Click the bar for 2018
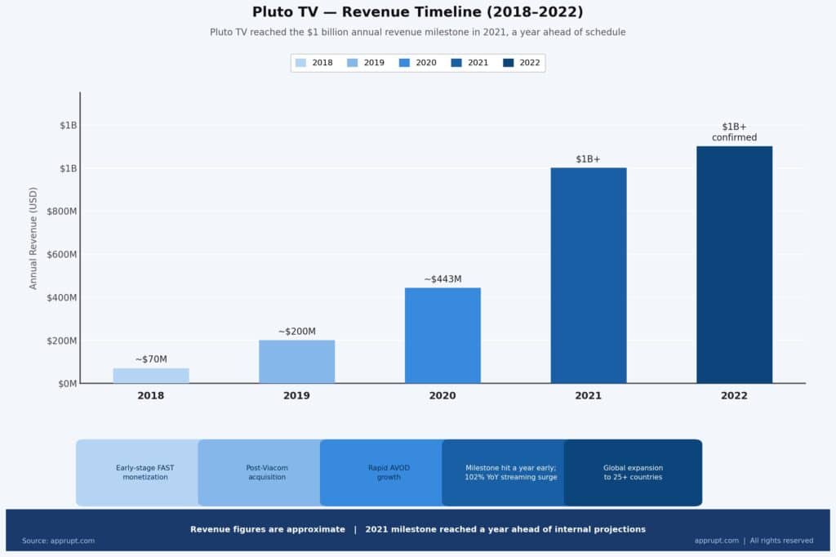(x=151, y=376)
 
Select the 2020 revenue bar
(x=442, y=335)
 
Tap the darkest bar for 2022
(x=734, y=265)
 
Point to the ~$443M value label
(x=442, y=279)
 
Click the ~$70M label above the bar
(x=151, y=359)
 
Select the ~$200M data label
(x=296, y=332)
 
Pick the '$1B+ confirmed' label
(x=734, y=132)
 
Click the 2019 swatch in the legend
(x=353, y=63)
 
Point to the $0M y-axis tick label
(x=67, y=384)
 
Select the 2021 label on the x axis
(x=588, y=396)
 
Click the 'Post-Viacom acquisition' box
(x=267, y=472)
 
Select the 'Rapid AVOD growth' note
(x=389, y=472)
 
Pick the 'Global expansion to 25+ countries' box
(x=633, y=472)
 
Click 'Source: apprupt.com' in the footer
(x=58, y=541)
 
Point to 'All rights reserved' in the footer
(x=781, y=541)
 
